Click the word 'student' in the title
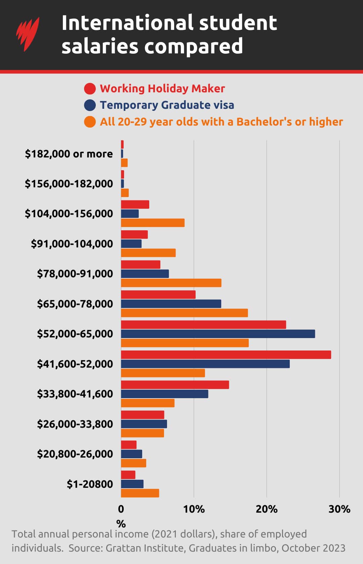click(x=238, y=22)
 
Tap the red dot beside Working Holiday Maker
click(x=90, y=89)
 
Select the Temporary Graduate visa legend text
click(x=167, y=105)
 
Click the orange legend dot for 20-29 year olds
click(x=90, y=122)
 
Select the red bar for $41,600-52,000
click(x=226, y=355)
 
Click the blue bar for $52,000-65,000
click(x=218, y=334)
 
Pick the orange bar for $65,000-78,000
click(x=184, y=313)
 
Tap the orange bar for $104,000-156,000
click(x=153, y=223)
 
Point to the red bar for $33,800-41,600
click(x=175, y=385)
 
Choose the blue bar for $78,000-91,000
click(x=145, y=274)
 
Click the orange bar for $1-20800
click(x=140, y=493)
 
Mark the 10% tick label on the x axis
click(x=194, y=509)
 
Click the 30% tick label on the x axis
click(x=339, y=509)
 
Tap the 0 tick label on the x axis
click(x=121, y=509)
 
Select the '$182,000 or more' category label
click(x=69, y=154)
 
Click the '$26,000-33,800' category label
click(x=75, y=424)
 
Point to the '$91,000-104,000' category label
click(x=72, y=244)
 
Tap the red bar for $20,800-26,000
click(x=129, y=445)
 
